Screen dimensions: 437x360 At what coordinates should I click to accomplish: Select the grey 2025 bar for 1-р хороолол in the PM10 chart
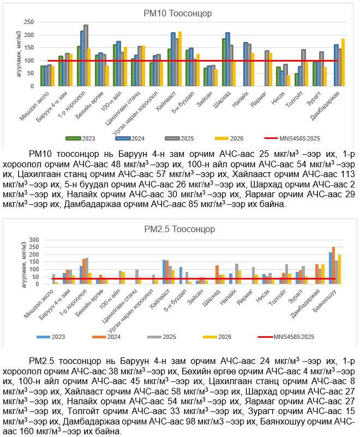click(x=86, y=56)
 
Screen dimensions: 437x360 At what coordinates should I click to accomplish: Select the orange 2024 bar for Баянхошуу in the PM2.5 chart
click(x=333, y=265)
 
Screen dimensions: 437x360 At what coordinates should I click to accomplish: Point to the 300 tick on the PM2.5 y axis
click(x=37, y=240)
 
